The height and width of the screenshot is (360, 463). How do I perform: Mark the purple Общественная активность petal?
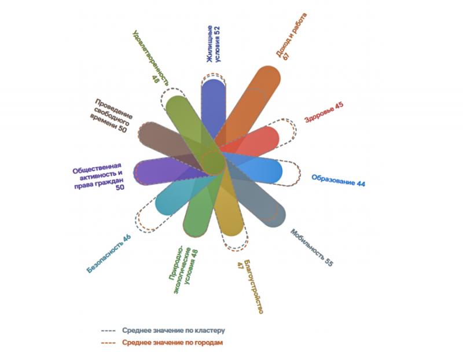pyautogui.click(x=168, y=171)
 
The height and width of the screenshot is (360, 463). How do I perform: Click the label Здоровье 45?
pyautogui.click(x=324, y=112)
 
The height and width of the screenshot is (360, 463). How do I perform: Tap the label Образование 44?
pyautogui.click(x=339, y=181)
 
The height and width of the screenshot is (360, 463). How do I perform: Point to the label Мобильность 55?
pyautogui.click(x=312, y=248)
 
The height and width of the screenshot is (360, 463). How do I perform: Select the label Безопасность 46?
pyautogui.click(x=109, y=254)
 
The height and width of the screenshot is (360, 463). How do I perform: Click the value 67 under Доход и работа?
pyautogui.click(x=286, y=56)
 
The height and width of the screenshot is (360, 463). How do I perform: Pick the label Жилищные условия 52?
pyautogui.click(x=214, y=44)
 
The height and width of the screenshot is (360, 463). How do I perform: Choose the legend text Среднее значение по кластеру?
pyautogui.click(x=174, y=330)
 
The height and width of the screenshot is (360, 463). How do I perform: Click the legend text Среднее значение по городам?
pyautogui.click(x=172, y=343)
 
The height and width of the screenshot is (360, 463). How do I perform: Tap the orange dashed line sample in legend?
pyautogui.click(x=108, y=343)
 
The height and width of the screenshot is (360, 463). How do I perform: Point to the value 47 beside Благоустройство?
pyautogui.click(x=240, y=266)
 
